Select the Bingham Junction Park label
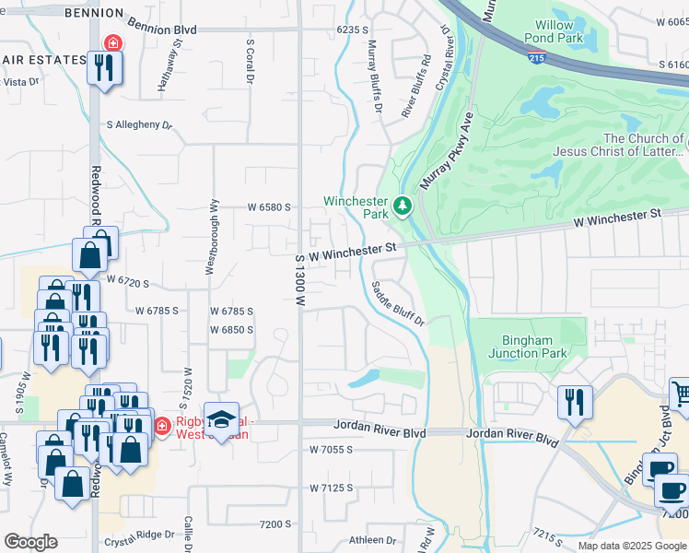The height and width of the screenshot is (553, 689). coord(527,347)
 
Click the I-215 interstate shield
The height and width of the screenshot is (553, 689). coord(536,58)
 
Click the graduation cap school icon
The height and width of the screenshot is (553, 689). coord(221,421)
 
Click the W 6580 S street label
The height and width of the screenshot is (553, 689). coord(269,207)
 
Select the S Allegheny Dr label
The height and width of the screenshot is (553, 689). coord(139,124)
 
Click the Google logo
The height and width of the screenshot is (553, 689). coord(30,542)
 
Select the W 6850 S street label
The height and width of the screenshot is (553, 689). coord(231,329)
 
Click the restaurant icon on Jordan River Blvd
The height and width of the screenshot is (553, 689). coord(571,401)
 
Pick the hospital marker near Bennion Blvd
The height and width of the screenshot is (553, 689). coord(112,42)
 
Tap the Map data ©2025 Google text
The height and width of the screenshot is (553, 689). coord(632,546)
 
